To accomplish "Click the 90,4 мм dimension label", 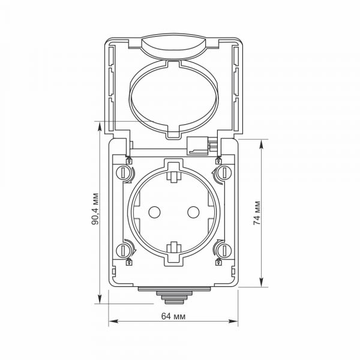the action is click(95, 209).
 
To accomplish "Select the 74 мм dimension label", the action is click(257, 213).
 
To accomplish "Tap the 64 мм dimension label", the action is click(173, 316).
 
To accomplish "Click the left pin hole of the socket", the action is click(154, 212).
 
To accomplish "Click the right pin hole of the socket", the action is click(193, 212).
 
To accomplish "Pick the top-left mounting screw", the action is click(122, 173).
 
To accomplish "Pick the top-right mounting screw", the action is click(225, 173).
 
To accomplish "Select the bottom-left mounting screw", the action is click(122, 250).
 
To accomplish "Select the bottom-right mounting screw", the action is click(225, 250).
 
